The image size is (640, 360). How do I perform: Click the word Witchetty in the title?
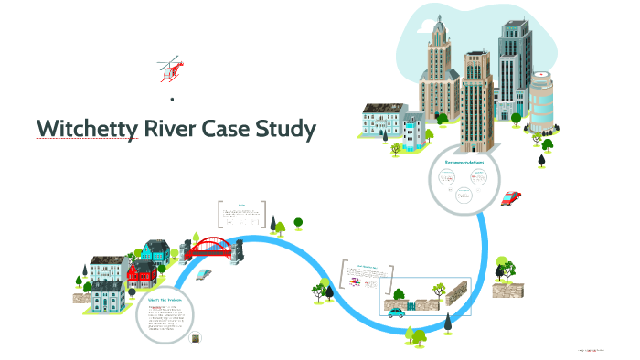tap(84, 129)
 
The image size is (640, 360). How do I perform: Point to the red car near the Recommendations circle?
tap(512, 197)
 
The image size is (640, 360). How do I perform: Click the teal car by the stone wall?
tap(397, 312)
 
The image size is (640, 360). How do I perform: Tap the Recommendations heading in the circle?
tap(464, 163)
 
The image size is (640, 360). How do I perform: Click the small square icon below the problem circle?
tap(195, 339)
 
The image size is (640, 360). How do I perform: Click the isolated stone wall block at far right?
tap(504, 289)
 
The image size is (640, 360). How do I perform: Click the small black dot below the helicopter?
tap(172, 98)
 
